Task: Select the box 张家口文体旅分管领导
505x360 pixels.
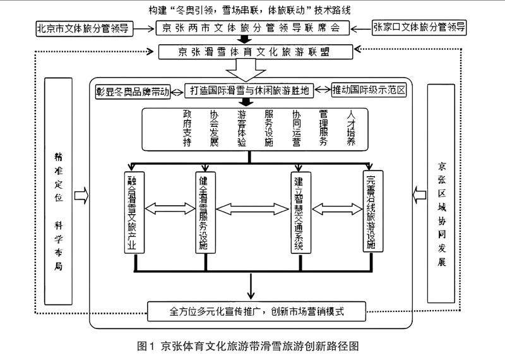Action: [419, 28]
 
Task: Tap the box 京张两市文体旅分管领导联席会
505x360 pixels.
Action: [251, 28]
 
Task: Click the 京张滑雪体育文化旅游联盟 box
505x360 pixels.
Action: [251, 52]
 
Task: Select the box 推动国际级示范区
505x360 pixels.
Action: [371, 91]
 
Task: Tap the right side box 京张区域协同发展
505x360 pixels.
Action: [441, 196]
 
